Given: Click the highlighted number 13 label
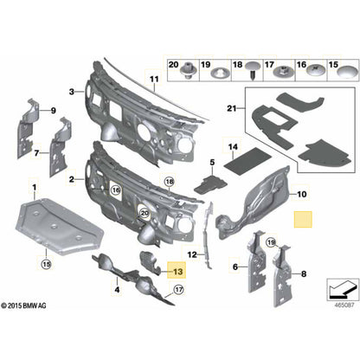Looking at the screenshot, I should pos(177,271).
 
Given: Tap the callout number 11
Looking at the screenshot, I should pos(153,82).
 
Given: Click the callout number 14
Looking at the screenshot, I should pos(231,148).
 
